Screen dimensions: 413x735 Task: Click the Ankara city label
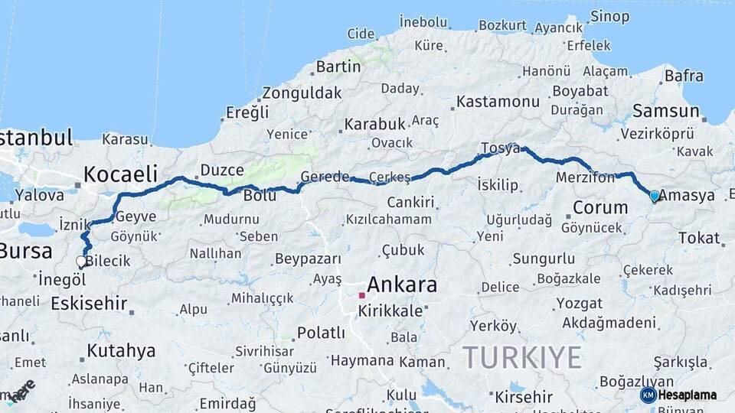402,285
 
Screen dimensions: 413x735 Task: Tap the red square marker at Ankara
361,294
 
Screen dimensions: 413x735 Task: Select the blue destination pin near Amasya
654,196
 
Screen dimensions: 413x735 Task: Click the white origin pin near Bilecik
81,262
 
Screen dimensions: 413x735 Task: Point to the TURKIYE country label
521,357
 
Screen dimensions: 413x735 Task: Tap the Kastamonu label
498,101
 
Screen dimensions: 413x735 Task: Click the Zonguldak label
302,93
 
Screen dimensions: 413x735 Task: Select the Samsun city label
667,111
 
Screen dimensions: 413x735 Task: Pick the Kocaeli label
120,173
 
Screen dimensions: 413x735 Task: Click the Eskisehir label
89,303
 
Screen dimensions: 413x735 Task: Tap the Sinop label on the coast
610,16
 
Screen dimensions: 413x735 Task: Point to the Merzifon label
586,177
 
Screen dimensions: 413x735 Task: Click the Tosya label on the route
500,148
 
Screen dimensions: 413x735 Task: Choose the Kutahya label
121,351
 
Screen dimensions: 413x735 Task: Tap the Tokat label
698,237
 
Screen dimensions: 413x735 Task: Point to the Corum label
600,207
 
